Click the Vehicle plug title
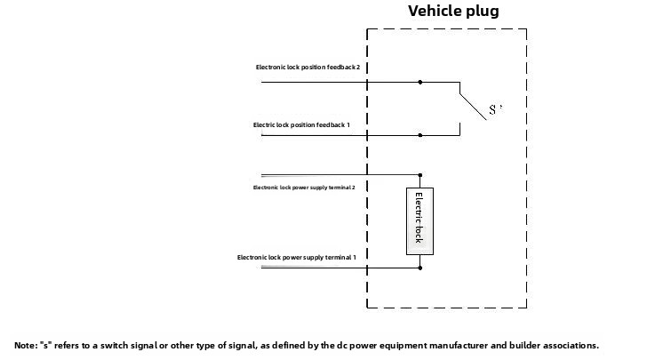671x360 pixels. (x=453, y=12)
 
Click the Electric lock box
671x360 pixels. (x=420, y=221)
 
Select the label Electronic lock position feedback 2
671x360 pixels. (x=308, y=68)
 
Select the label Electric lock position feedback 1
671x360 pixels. (x=307, y=125)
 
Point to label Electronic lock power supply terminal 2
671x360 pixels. (x=304, y=188)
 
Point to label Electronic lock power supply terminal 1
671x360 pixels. (x=296, y=258)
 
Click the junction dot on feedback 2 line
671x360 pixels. (x=420, y=83)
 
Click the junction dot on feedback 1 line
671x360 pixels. (x=420, y=136)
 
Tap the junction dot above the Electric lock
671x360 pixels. (x=420, y=176)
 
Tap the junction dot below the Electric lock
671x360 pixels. (x=420, y=268)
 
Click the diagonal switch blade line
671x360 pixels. (x=474, y=104)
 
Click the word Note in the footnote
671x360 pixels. (x=26, y=346)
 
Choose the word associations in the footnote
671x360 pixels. (x=570, y=346)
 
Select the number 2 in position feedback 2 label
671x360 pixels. (x=357, y=68)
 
